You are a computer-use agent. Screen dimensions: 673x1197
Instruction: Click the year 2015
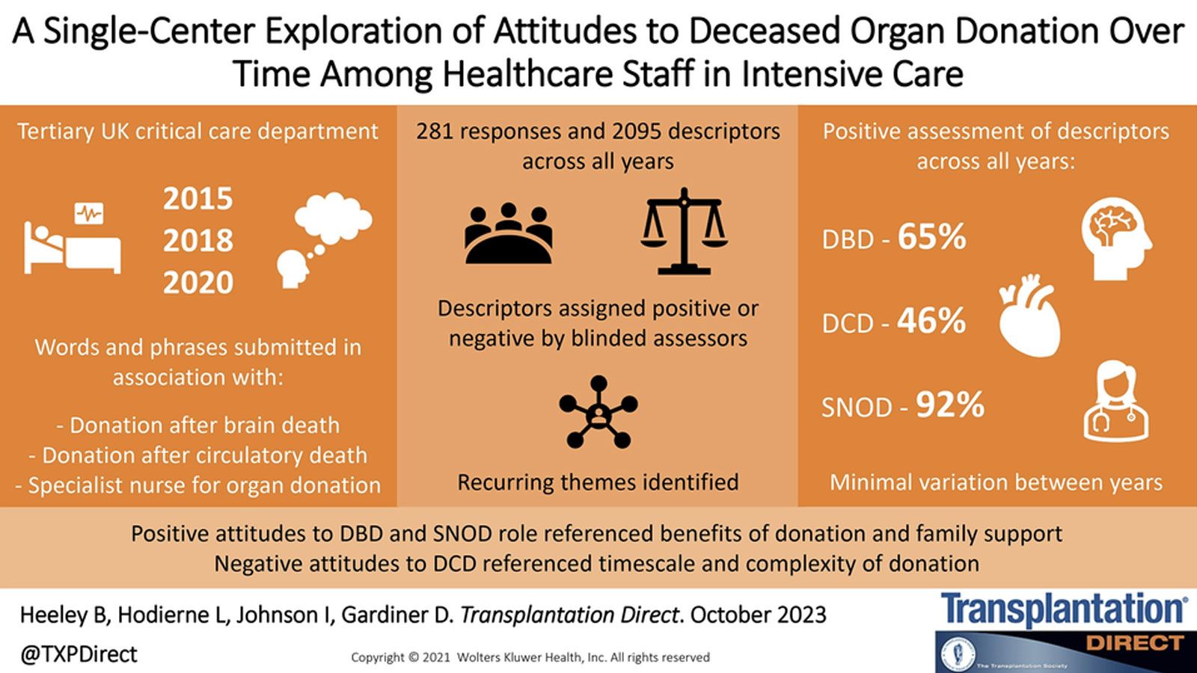(x=198, y=199)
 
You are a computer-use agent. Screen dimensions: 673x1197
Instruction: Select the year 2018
(x=198, y=241)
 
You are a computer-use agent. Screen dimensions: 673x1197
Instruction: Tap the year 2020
(x=198, y=283)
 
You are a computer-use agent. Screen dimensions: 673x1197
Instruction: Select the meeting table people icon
(x=509, y=233)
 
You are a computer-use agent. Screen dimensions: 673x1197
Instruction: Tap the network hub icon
(x=598, y=412)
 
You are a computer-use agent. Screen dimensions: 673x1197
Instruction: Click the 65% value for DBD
(x=931, y=237)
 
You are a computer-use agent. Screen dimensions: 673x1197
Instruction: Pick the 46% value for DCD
(x=931, y=321)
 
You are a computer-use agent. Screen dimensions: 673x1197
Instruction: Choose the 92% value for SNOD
(x=950, y=405)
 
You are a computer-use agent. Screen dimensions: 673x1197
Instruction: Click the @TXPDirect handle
(x=79, y=654)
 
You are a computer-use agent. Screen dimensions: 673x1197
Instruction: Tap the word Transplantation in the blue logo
(x=1062, y=610)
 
